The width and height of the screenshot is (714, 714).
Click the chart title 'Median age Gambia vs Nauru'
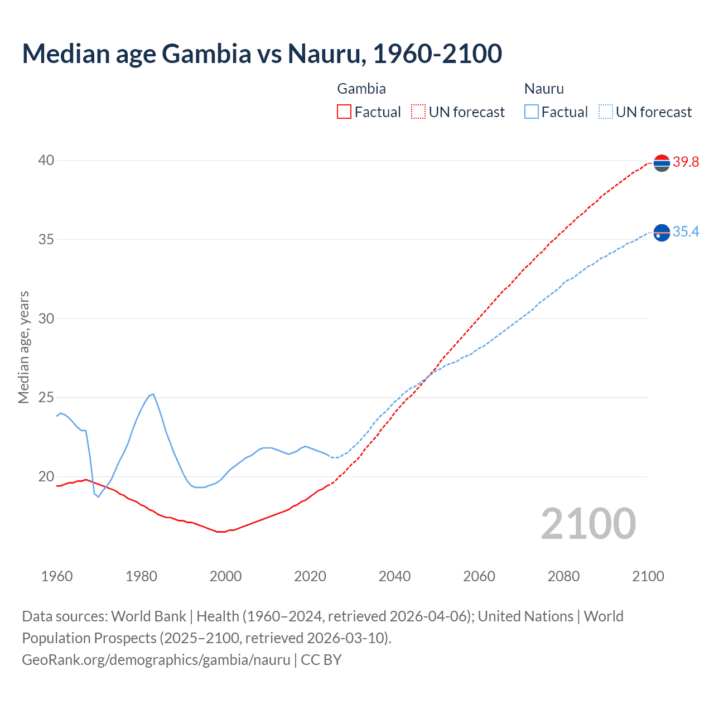click(x=262, y=54)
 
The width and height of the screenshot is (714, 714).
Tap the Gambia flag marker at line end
click(x=662, y=163)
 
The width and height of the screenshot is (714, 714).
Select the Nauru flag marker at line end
click(x=662, y=232)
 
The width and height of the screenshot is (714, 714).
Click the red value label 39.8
click(x=686, y=162)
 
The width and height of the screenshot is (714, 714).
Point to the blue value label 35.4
click(x=686, y=232)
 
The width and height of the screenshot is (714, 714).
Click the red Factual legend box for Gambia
click(x=344, y=112)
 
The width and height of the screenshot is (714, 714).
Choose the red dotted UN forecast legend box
click(x=418, y=112)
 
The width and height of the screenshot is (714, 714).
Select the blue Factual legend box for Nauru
click(x=532, y=112)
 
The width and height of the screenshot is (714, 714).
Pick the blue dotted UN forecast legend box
click(x=605, y=112)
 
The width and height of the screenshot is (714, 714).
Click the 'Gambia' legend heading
click(x=361, y=89)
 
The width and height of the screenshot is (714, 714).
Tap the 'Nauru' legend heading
click(x=544, y=89)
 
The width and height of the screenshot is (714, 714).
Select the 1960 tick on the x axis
click(x=57, y=576)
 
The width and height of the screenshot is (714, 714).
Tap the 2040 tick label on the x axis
click(x=394, y=576)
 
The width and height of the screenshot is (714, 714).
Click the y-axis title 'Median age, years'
click(x=23, y=347)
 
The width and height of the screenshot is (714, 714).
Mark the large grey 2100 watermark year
click(x=588, y=524)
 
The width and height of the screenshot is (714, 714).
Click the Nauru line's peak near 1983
click(x=153, y=394)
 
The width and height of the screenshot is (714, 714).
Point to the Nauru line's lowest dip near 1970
click(x=99, y=496)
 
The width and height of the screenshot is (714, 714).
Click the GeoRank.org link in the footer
click(x=156, y=660)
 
